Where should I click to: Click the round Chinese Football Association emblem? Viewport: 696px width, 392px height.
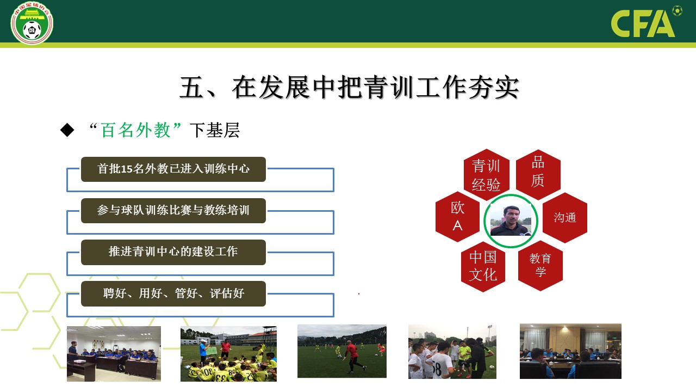click(x=32, y=23)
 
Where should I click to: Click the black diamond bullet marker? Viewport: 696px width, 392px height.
click(x=67, y=130)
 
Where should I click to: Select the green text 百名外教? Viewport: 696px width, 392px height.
click(x=135, y=130)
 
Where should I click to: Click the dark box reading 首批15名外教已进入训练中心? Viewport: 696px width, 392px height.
click(x=173, y=169)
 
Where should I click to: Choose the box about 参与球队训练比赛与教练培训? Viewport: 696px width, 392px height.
click(x=173, y=211)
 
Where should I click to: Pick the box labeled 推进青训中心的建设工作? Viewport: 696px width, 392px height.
click(x=173, y=252)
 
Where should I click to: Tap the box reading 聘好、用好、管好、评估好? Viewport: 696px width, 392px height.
click(x=173, y=293)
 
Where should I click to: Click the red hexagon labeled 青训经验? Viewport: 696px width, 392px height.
click(x=486, y=175)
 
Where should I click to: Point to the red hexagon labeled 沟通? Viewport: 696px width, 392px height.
click(x=565, y=218)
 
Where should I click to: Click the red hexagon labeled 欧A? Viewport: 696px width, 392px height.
click(x=457, y=217)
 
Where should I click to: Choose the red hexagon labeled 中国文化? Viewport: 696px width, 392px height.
click(x=483, y=267)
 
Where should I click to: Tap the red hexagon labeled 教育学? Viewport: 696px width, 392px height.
click(x=540, y=266)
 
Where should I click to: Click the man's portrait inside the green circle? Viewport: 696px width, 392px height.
click(x=511, y=220)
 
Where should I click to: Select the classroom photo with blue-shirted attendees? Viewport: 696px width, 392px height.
click(x=114, y=354)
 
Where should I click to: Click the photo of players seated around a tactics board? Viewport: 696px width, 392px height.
click(x=228, y=354)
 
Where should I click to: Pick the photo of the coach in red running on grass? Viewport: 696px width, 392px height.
click(x=342, y=351)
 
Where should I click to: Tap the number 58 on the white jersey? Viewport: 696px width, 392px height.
click(x=437, y=369)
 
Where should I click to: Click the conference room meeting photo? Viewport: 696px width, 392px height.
click(x=570, y=351)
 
